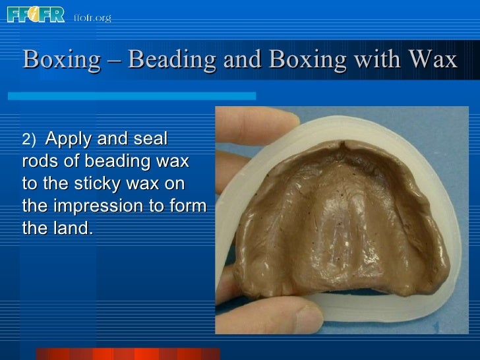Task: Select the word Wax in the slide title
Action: pyautogui.click(x=432, y=60)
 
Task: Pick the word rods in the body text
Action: pyautogui.click(x=40, y=162)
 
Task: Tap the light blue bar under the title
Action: pyautogui.click(x=132, y=96)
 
